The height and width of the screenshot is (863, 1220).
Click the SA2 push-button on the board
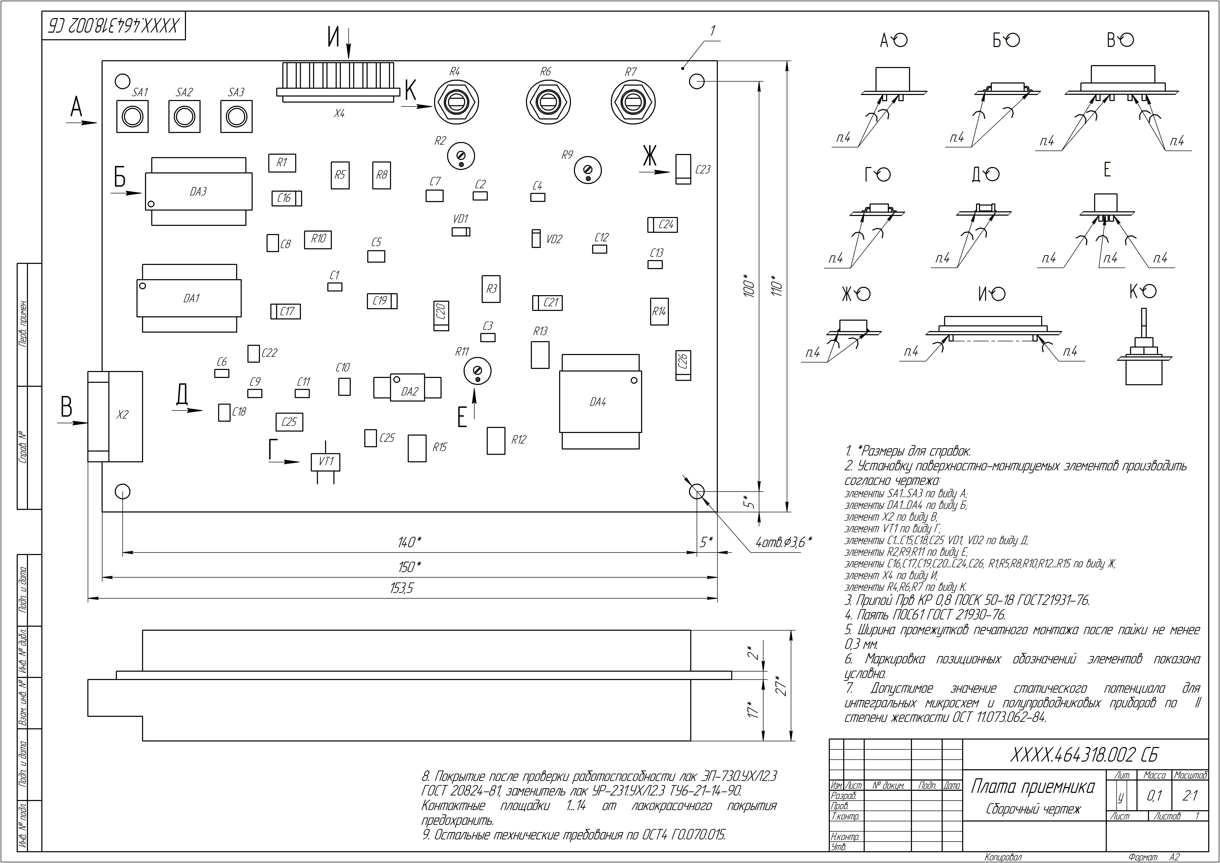coord(184,116)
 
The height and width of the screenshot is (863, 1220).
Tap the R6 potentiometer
coord(548,101)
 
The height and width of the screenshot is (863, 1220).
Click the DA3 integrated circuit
coord(198,191)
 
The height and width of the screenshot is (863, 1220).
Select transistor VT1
coord(325,462)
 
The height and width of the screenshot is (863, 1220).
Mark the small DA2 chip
coord(408,389)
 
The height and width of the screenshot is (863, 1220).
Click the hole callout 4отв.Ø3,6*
coord(784,543)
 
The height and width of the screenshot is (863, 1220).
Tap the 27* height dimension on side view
coord(781,686)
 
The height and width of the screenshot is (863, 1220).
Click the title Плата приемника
coord(1032,787)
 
